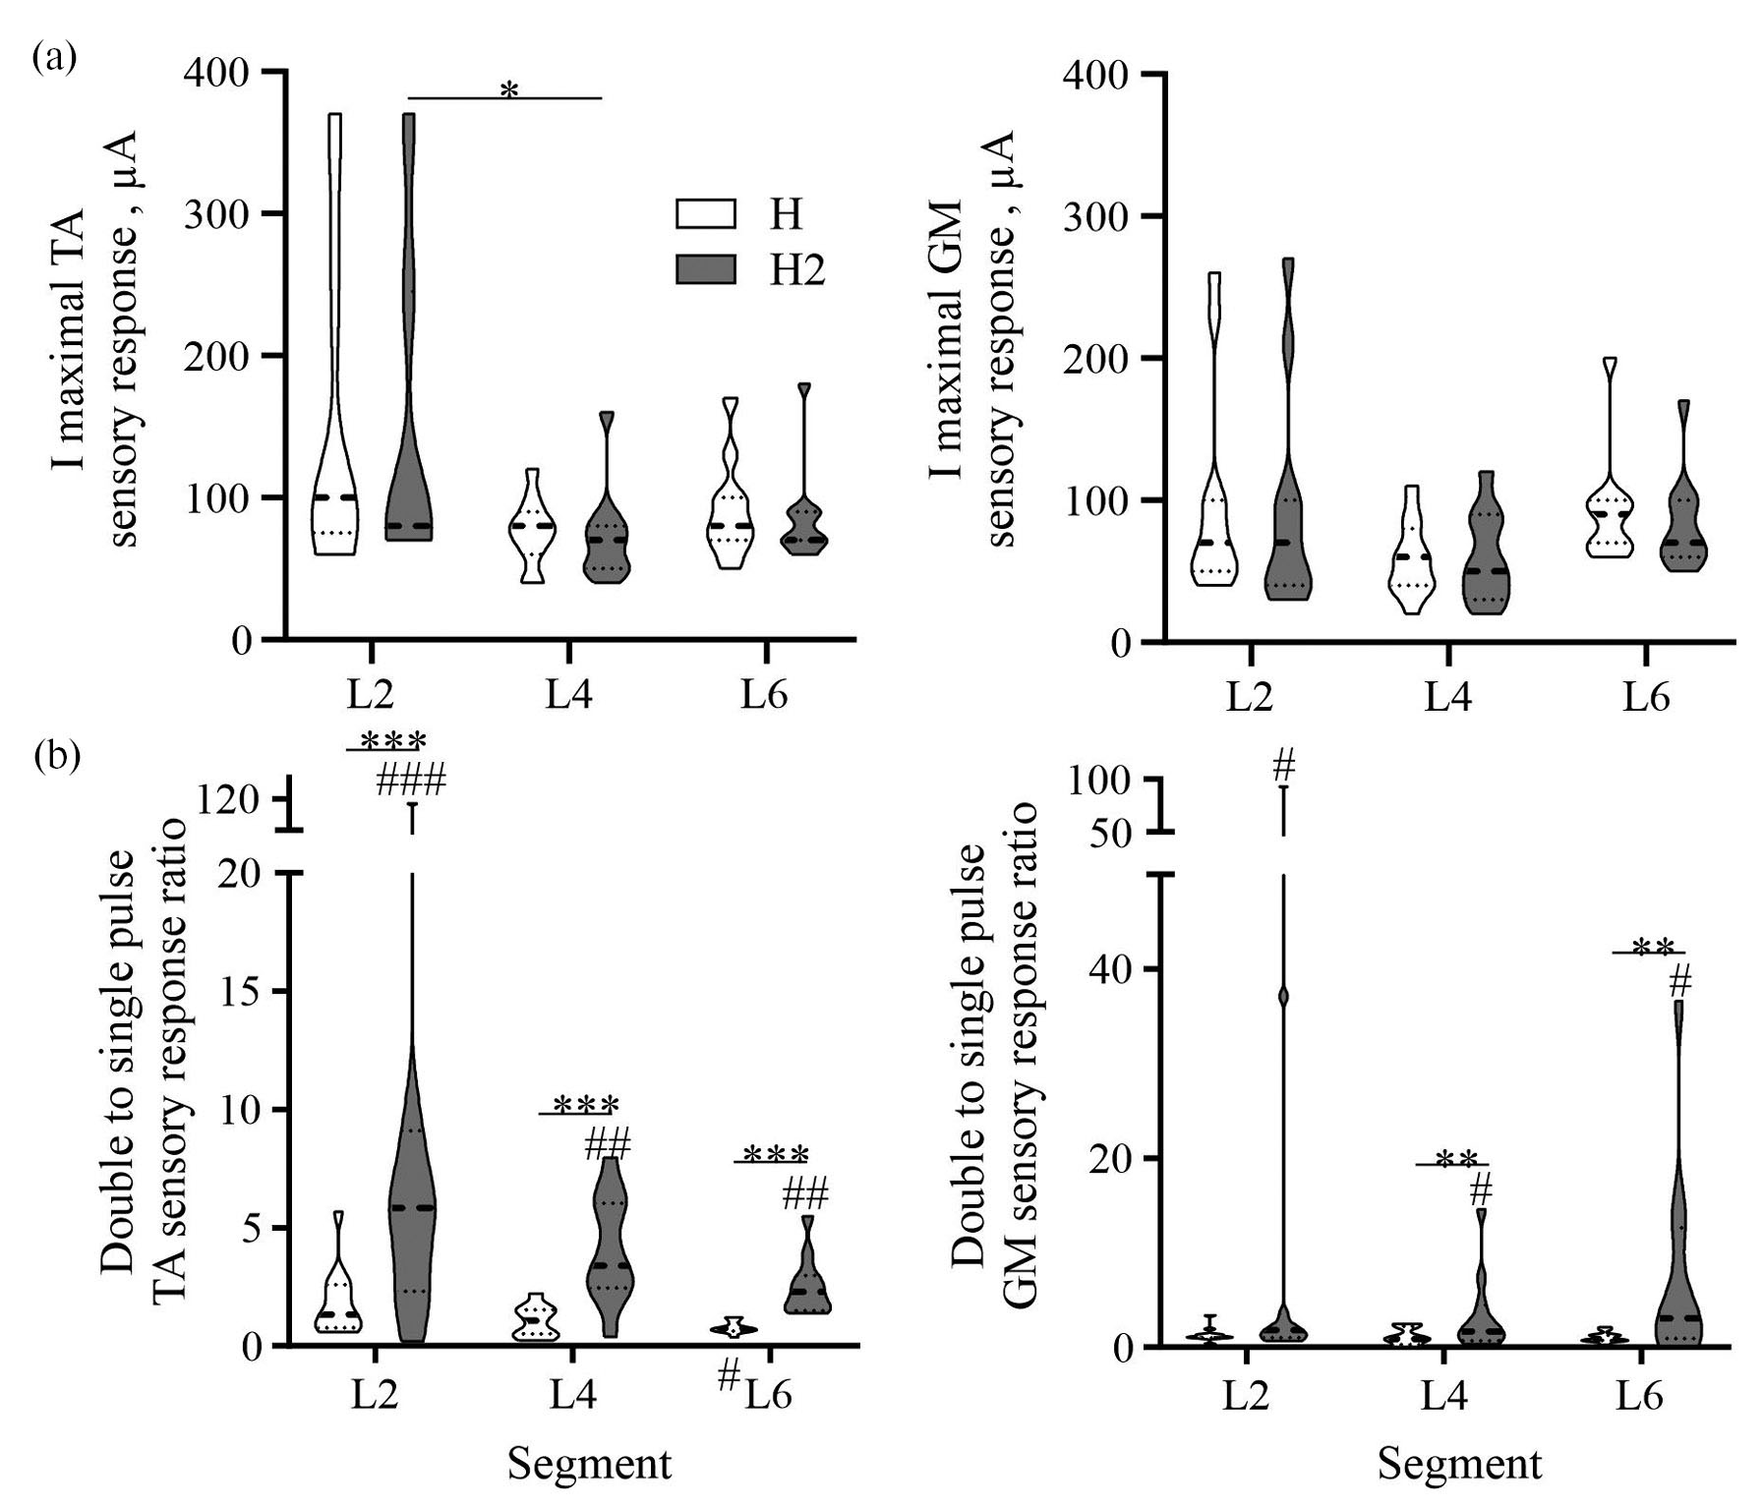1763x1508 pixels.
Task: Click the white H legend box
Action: pyautogui.click(x=705, y=213)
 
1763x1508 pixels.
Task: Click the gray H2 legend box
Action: pyautogui.click(x=705, y=268)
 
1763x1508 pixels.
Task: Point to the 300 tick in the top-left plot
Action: pyautogui.click(x=216, y=213)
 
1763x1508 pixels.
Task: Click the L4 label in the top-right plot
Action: pyautogui.click(x=1447, y=698)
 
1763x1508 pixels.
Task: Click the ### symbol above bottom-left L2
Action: pyautogui.click(x=411, y=782)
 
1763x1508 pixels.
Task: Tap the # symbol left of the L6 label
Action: pyautogui.click(x=728, y=1376)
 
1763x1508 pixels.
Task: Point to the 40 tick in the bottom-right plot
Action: pyautogui.click(x=1112, y=969)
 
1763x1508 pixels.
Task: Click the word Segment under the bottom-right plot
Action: pyautogui.click(x=1459, y=1464)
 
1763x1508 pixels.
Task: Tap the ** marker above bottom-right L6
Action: pyautogui.click(x=1653, y=947)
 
